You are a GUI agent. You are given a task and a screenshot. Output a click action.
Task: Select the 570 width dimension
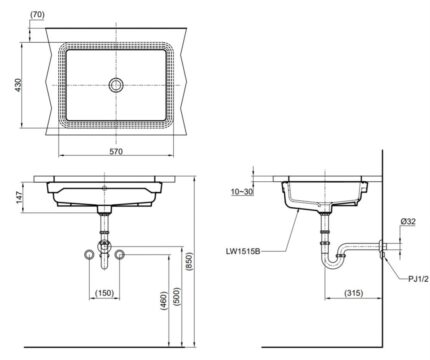tap(115, 152)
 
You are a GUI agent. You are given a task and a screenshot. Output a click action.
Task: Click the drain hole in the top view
tap(115, 86)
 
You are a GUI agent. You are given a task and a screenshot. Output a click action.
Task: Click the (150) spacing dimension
tap(105, 291)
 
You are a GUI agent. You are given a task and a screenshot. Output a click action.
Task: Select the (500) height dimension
tap(177, 296)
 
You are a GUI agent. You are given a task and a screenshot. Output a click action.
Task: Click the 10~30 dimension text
tap(242, 191)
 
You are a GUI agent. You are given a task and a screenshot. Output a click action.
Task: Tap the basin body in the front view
tap(105, 193)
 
